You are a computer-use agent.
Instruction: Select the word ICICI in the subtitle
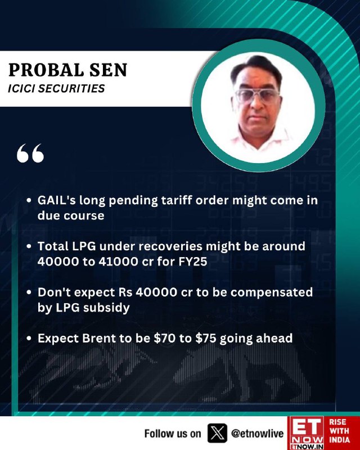click(21, 89)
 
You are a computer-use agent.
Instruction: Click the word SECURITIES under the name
click(71, 89)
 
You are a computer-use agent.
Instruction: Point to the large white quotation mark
click(30, 153)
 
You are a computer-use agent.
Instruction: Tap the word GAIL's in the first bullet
click(57, 200)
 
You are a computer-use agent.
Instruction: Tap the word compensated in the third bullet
click(272, 292)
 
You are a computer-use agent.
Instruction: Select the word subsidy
click(106, 308)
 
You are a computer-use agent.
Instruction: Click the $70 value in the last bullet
click(164, 339)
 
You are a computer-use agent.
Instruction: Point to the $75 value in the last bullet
click(206, 339)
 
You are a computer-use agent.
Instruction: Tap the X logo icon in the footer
click(217, 433)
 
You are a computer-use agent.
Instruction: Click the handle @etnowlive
click(257, 433)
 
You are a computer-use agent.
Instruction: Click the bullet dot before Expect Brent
click(29, 339)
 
